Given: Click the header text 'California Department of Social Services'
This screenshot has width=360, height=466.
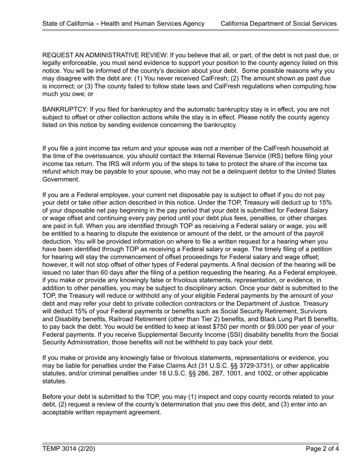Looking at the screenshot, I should [x=279, y=23].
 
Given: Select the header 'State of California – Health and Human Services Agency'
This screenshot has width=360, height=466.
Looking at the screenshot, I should [x=124, y=23].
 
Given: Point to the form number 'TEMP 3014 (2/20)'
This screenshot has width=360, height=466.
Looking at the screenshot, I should [x=69, y=449].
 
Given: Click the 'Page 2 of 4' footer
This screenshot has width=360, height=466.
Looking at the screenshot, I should [x=322, y=449].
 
